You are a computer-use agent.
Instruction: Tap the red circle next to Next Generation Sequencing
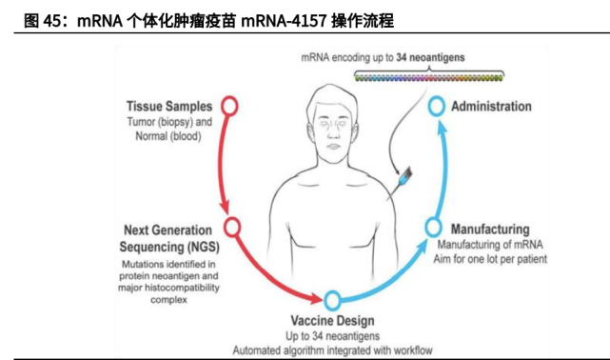click(x=231, y=227)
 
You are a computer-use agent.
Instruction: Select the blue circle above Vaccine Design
click(x=332, y=301)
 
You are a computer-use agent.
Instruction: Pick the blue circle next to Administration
click(x=436, y=106)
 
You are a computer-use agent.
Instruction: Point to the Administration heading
click(x=491, y=106)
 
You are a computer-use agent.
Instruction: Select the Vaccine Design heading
click(x=332, y=321)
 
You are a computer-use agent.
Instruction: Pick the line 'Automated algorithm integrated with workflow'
click(x=332, y=350)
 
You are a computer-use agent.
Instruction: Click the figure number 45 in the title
click(x=53, y=19)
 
